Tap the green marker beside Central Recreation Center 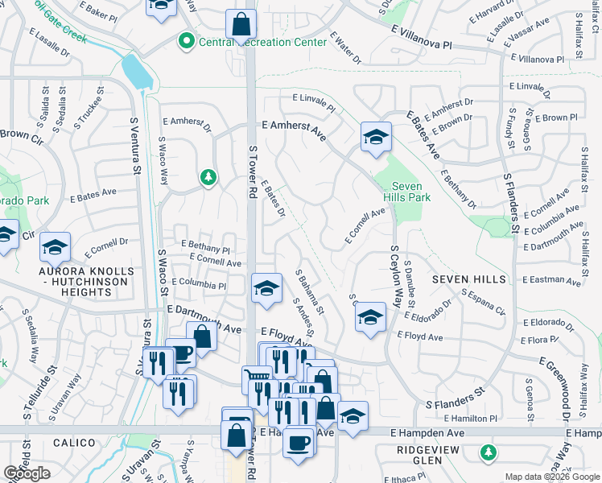point(187,39)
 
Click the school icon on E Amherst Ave point(375,138)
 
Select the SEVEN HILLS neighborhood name point(469,279)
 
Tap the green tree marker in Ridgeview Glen point(488,452)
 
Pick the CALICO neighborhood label point(75,443)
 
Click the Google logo point(27,473)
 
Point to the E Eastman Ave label point(550,281)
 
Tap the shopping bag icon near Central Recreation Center point(240,26)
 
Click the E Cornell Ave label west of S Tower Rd point(215,262)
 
